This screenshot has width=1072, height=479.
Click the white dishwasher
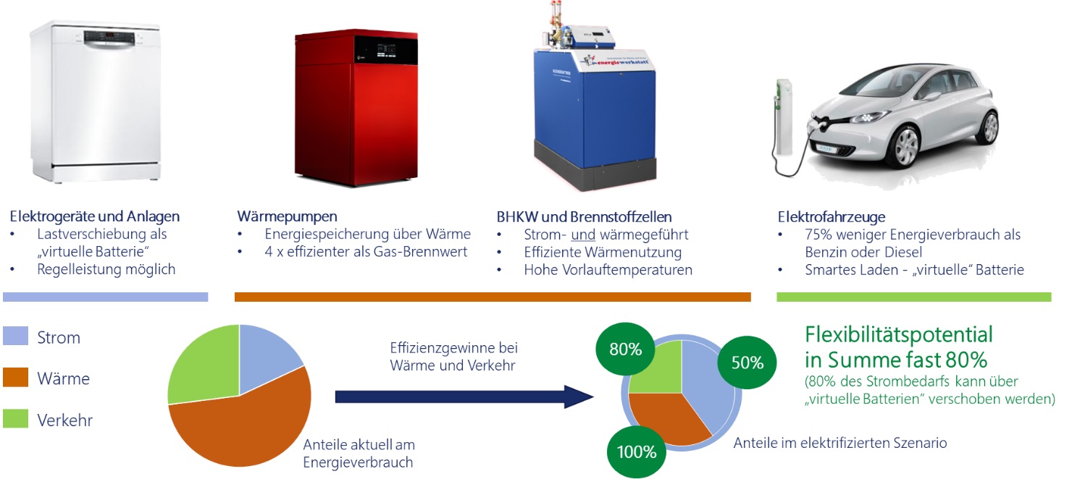[96, 101]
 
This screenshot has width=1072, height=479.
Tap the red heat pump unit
[356, 108]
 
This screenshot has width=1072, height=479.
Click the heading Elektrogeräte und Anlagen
[95, 216]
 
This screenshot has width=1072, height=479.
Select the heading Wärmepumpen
[287, 216]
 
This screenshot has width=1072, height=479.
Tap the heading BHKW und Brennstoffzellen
[584, 216]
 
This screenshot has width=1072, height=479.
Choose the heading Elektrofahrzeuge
[832, 216]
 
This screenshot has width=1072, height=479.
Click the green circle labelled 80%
[625, 349]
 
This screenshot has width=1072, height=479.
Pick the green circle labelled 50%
[747, 362]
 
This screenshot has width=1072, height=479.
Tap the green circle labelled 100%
[637, 452]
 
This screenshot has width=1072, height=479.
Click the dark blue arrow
[464, 397]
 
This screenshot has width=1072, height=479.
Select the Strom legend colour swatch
[15, 336]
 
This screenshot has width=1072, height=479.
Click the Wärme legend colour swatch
[15, 377]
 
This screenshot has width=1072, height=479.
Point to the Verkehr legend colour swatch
[15, 418]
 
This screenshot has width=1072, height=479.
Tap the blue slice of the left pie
[266, 356]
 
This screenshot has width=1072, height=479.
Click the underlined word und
[583, 234]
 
